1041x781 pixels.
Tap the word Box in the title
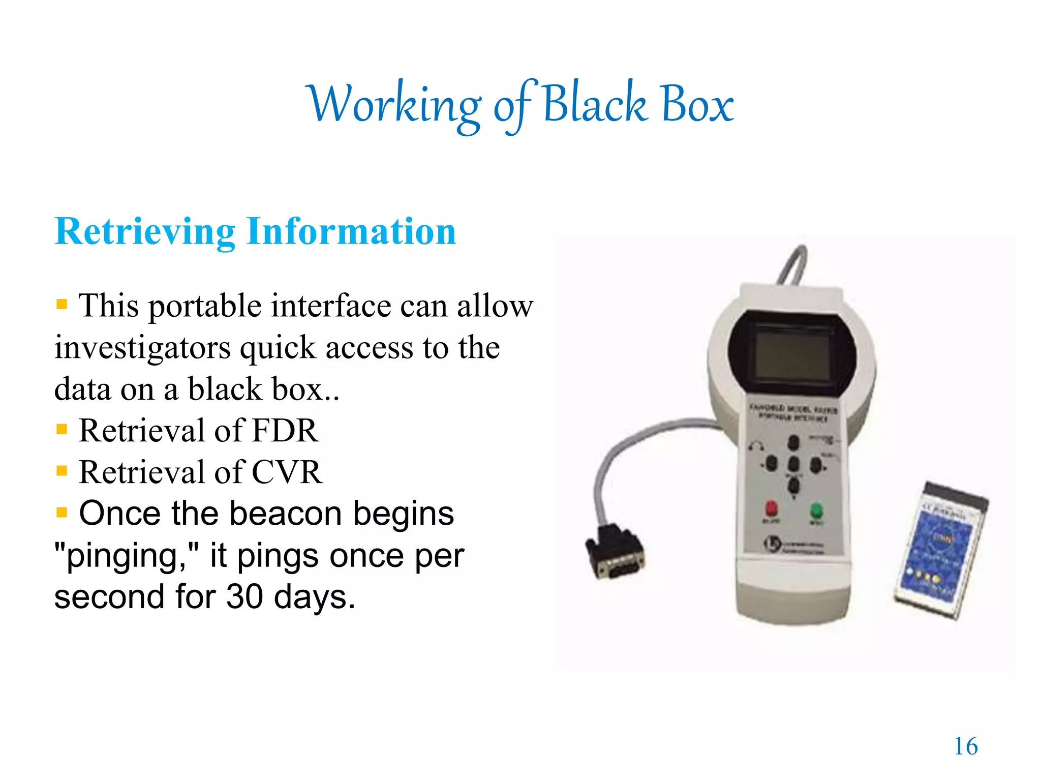tap(697, 104)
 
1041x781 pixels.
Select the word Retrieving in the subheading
tap(145, 232)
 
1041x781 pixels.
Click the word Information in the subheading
tap(351, 232)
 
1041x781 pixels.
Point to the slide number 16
tap(965, 746)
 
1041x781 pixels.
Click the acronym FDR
tap(285, 431)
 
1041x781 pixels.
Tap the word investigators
tap(143, 349)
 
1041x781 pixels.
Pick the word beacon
tap(285, 514)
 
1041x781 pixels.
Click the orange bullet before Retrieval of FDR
tap(62, 430)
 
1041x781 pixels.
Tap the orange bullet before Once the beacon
tap(62, 512)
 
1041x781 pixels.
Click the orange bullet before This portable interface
tap(62, 305)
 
